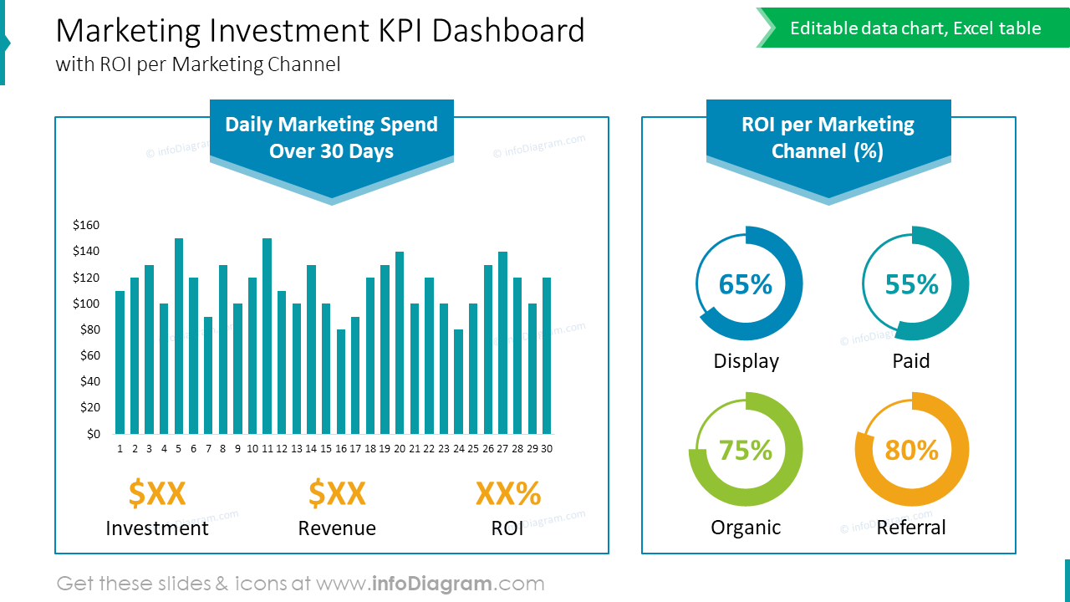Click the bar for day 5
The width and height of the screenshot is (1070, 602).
179,336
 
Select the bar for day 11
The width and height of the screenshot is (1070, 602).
267,336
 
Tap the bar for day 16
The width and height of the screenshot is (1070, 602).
340,381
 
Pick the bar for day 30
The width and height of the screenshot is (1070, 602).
547,355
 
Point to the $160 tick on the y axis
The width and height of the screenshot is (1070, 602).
86,225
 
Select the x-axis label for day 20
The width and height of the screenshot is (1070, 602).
400,449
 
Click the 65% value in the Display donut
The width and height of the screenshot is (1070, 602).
746,285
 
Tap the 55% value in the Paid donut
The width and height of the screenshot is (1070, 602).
912,285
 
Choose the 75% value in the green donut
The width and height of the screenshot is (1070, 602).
746,451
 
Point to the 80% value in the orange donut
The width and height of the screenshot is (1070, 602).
912,451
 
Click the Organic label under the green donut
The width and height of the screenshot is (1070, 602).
746,528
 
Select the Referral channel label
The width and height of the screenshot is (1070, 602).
911,528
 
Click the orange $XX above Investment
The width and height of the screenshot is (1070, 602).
157,493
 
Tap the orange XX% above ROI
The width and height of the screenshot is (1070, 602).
508,493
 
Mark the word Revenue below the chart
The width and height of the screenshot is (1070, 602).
337,528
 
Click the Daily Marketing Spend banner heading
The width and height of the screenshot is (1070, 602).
331,138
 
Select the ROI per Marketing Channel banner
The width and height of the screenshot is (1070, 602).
828,138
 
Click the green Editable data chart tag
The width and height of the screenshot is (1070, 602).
915,28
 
